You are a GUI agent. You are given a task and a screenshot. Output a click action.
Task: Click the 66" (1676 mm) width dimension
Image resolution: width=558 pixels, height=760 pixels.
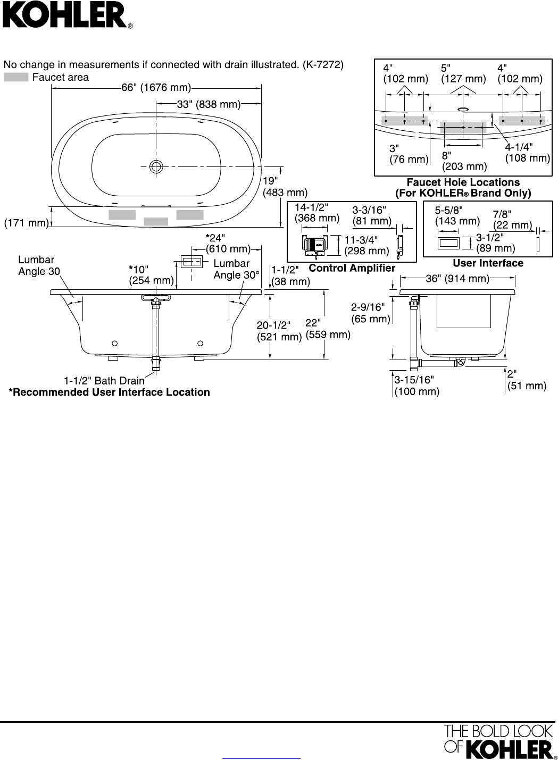(156, 88)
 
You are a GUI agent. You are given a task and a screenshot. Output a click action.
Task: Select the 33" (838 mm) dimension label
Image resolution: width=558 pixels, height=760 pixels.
(209, 104)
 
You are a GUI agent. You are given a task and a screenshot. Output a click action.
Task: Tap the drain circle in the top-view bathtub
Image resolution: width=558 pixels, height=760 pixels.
(156, 166)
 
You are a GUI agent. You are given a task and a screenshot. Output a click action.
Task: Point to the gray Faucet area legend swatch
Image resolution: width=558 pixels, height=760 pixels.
(16, 77)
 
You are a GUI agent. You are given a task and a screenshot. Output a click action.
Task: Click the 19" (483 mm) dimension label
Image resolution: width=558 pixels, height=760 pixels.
(285, 187)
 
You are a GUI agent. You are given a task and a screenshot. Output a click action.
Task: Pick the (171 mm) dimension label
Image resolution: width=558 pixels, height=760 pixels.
(26, 223)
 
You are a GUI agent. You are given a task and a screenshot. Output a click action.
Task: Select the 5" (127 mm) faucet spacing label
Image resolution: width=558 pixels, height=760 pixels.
(463, 73)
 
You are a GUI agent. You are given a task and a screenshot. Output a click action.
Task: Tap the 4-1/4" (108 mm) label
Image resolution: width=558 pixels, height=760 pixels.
(528, 152)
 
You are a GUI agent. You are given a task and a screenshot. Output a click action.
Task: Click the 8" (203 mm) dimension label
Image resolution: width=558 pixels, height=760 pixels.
(464, 161)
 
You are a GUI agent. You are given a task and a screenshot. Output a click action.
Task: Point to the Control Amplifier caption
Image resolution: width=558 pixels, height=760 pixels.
(352, 268)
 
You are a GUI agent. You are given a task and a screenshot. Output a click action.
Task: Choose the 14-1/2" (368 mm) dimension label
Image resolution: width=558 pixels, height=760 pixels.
(317, 212)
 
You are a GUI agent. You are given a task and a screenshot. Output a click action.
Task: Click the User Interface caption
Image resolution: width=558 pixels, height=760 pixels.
(488, 263)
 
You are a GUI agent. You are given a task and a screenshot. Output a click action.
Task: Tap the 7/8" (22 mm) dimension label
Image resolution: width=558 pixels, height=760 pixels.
(512, 220)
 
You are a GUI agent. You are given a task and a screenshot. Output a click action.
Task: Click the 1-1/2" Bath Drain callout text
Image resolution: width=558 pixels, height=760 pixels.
(104, 381)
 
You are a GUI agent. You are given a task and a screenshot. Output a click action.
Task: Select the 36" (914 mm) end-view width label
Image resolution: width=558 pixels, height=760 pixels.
(457, 279)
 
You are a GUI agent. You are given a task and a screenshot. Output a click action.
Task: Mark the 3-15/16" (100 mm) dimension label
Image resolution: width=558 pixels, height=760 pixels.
(417, 386)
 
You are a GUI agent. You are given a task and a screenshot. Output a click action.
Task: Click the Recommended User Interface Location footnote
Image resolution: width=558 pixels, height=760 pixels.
(109, 392)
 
